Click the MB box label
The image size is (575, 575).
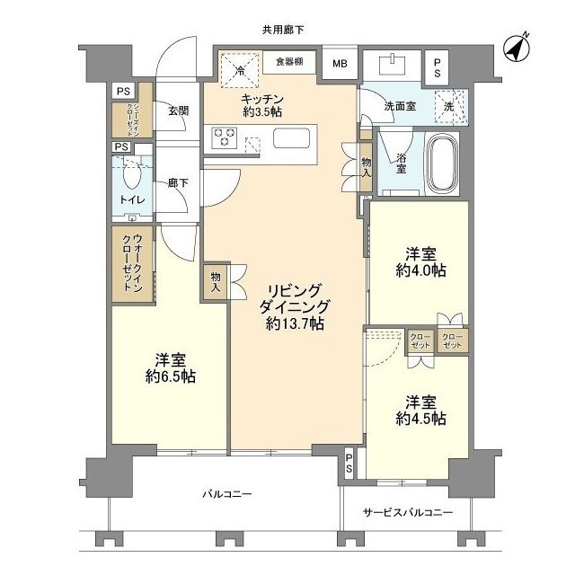tap(341, 64)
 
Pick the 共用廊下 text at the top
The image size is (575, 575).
tap(282, 30)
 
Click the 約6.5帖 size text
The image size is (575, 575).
tap(167, 376)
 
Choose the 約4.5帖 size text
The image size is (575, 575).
tap(418, 419)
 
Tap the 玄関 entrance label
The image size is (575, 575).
tap(177, 111)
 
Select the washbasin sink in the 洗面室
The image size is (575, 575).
tap(395, 66)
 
